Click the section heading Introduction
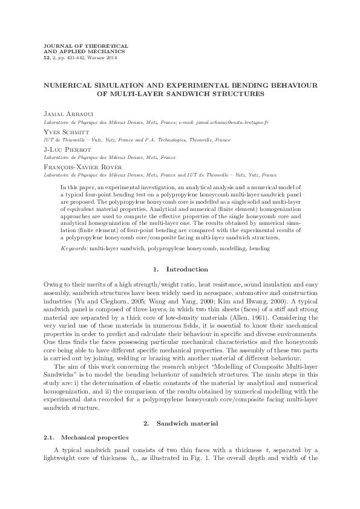pyautogui.click(x=187, y=268)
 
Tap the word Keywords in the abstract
pyautogui.click(x=74, y=248)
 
